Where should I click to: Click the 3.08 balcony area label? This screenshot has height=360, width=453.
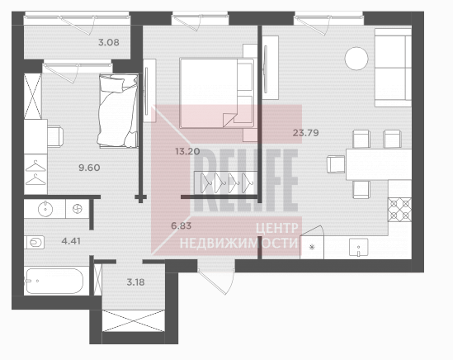109,42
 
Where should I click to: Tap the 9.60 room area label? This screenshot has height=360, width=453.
90,168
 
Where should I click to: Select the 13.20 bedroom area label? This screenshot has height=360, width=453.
187,151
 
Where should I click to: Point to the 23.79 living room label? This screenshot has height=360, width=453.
305,133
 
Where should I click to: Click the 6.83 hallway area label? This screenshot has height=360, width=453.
182,225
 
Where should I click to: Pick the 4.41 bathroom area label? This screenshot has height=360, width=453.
71,241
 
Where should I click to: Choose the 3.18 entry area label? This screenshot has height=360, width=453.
136,282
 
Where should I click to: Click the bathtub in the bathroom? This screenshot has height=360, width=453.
54,281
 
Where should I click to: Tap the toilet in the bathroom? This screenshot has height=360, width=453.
35,242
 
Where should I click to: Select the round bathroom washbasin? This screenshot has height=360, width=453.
45,208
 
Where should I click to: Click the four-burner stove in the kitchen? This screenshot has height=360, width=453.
399,210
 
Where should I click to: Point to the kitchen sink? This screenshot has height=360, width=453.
358,247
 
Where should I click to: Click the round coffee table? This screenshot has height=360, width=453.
356,59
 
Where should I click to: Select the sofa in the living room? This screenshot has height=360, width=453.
393,68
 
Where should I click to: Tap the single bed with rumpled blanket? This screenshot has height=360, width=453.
118,111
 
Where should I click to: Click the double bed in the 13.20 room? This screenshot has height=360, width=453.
217,93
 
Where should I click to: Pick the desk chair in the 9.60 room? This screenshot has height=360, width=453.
55,136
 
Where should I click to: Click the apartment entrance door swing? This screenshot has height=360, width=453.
217,281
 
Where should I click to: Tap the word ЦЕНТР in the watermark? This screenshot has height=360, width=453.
276,228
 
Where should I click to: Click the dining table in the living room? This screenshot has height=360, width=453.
379,164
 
